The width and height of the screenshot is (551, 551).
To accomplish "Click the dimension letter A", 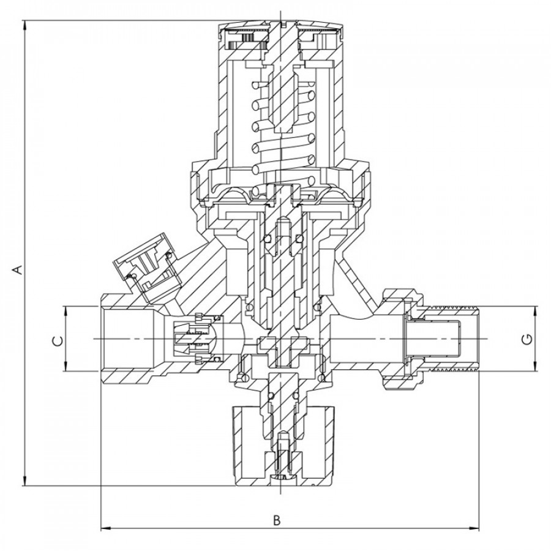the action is coord(18,270).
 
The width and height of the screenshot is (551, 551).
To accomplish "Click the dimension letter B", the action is coord(277,520).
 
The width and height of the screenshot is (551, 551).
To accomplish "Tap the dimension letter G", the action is coord(528,339).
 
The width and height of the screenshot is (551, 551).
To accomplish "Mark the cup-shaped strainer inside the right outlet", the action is coord(433,339).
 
